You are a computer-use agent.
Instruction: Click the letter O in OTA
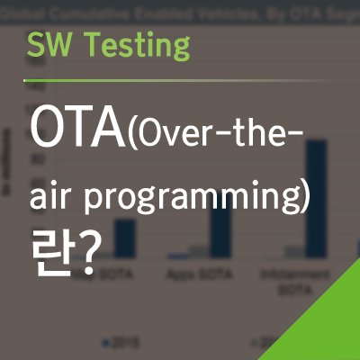pyautogui.click(x=50, y=131)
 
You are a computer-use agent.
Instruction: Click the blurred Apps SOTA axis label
pyautogui.click(x=196, y=272)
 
